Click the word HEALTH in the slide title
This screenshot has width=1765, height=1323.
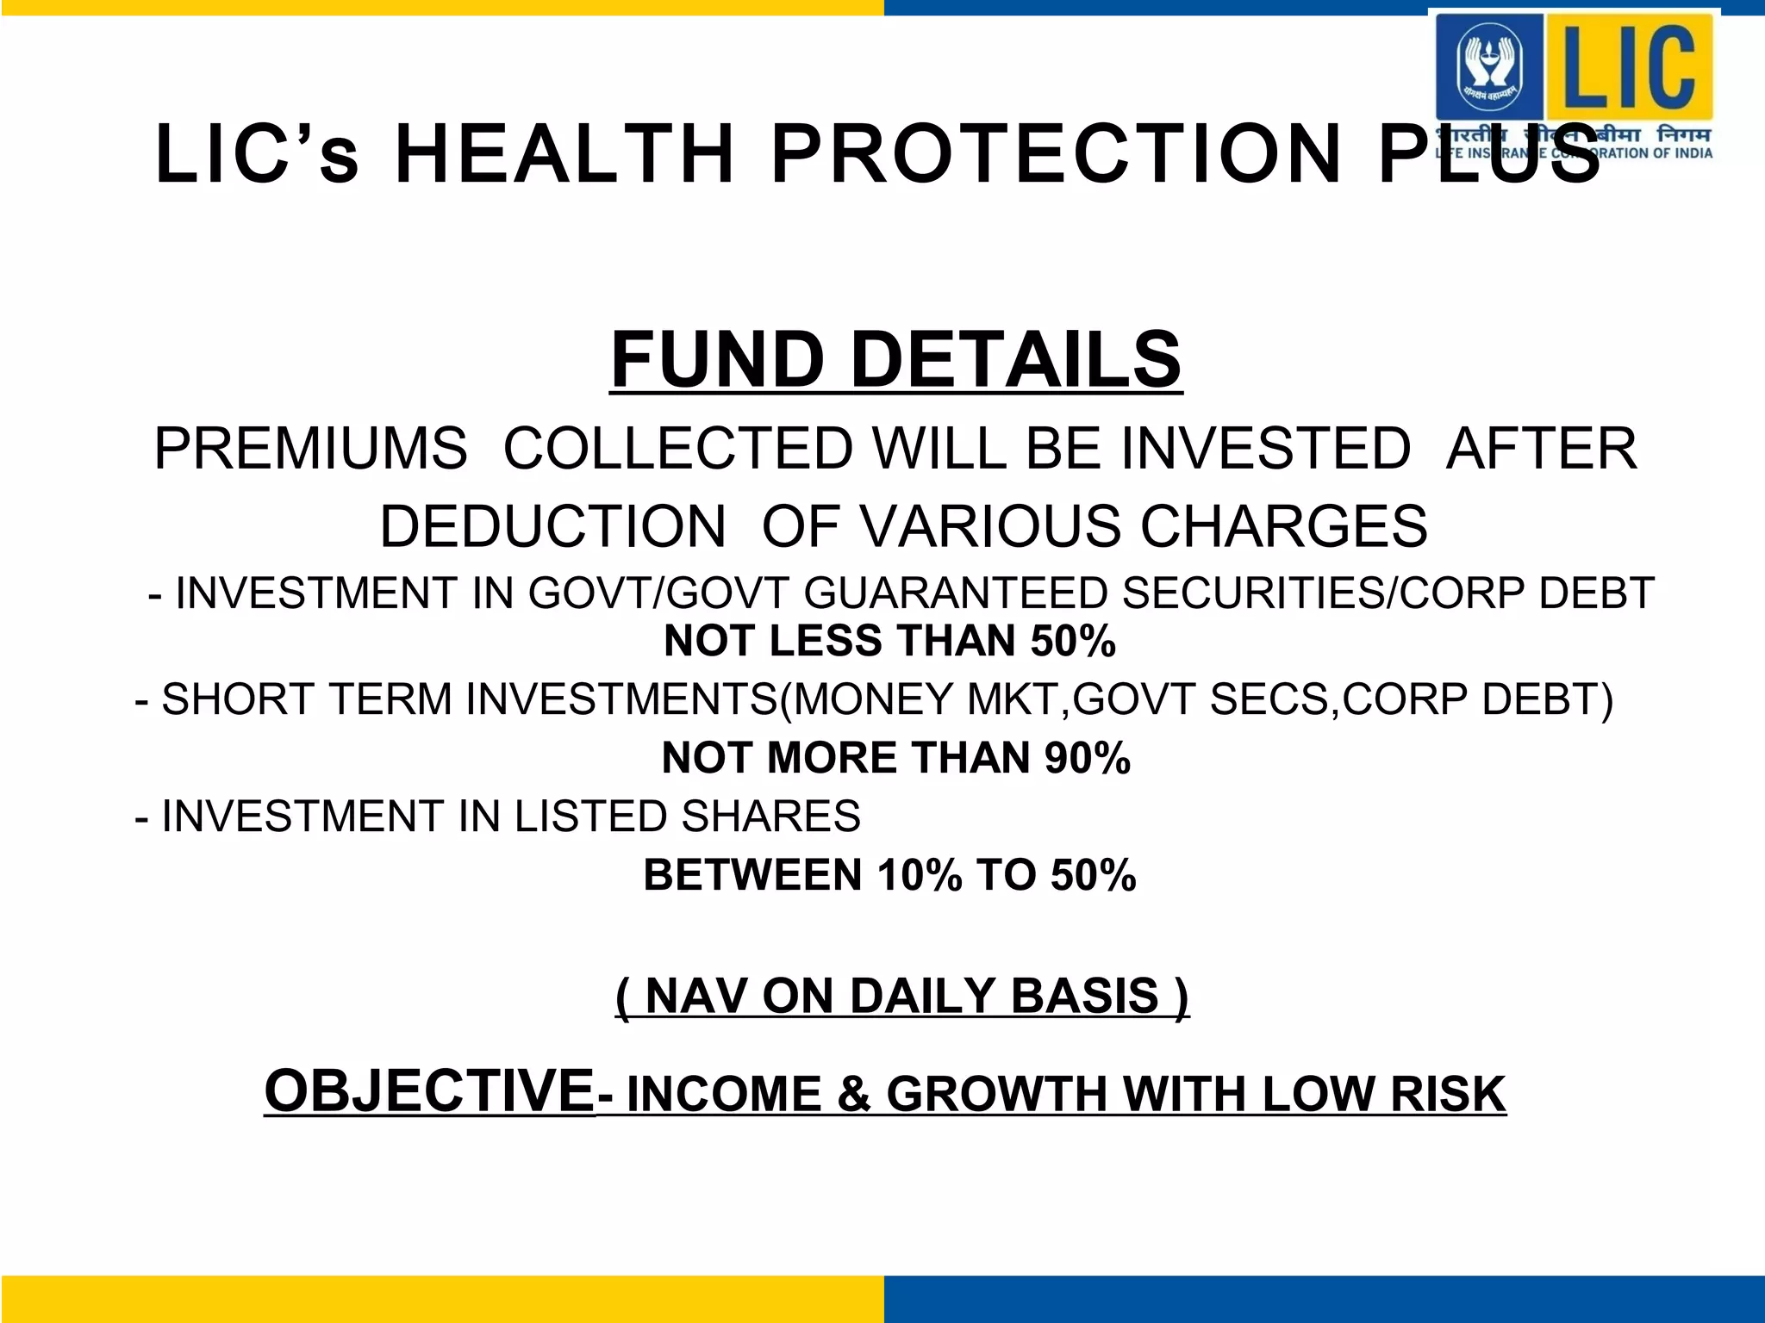tap(564, 155)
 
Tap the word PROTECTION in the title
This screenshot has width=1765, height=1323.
tap(1057, 155)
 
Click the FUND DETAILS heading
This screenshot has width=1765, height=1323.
tap(895, 360)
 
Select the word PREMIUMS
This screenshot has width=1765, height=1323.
tap(310, 449)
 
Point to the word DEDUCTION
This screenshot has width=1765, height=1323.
tap(552, 526)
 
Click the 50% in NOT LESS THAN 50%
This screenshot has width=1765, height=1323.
tap(1073, 642)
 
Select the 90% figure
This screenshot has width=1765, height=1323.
tap(1087, 759)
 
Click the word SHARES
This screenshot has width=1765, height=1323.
tap(770, 817)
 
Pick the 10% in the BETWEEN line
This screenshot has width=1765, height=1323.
tap(919, 876)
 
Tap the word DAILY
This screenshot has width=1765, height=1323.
tap(923, 997)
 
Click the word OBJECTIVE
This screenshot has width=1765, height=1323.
tap(429, 1091)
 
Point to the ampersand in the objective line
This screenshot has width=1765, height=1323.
tap(853, 1095)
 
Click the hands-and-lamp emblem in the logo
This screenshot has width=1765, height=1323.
tap(1489, 66)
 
